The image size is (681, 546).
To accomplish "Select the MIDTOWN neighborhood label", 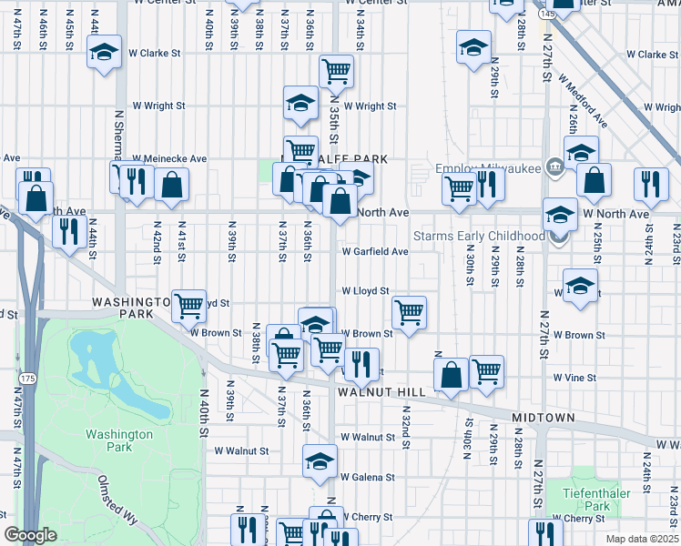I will pyautogui.click(x=543, y=418).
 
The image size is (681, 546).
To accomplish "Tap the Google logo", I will pyautogui.click(x=30, y=535).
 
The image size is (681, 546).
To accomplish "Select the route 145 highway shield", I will pyautogui.click(x=544, y=15).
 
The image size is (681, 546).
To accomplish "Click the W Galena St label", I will pyautogui.click(x=368, y=477).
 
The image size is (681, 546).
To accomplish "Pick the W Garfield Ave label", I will pyautogui.click(x=374, y=251).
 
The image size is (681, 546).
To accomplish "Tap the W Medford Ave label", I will pyautogui.click(x=583, y=102).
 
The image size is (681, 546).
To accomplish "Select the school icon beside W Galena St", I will pyautogui.click(x=320, y=461).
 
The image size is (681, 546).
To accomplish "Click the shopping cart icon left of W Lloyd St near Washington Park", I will pyautogui.click(x=188, y=306).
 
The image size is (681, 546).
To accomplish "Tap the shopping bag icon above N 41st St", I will pyautogui.click(x=171, y=185).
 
